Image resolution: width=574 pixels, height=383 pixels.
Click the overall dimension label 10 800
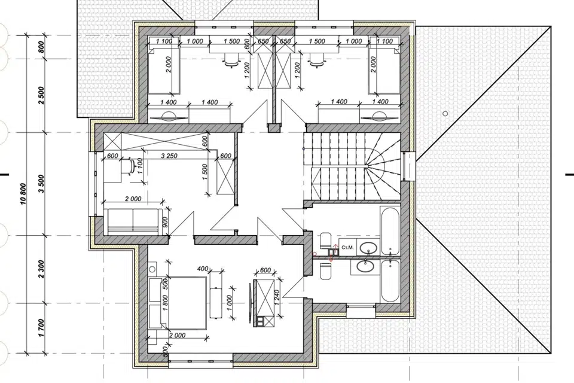pyautogui.click(x=23, y=193)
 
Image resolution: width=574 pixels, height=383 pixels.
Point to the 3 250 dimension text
pyautogui.click(x=169, y=156)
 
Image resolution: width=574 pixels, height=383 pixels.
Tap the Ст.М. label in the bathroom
pyautogui.click(x=347, y=247)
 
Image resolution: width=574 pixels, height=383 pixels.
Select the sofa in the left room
pyautogui.click(x=133, y=222)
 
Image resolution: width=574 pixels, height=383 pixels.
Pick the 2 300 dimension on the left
pyautogui.click(x=41, y=269)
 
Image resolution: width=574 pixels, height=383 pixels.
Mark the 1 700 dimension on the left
pyautogui.click(x=41, y=328)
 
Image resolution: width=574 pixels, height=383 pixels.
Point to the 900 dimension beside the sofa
pyautogui.click(x=165, y=222)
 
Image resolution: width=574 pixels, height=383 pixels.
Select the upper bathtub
pyautogui.click(x=389, y=231)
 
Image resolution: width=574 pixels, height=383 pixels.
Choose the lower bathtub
pyautogui.click(x=389, y=281)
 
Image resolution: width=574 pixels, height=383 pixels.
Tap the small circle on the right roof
pyautogui.click(x=445, y=113)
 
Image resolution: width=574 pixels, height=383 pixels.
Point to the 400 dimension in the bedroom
pyautogui.click(x=203, y=269)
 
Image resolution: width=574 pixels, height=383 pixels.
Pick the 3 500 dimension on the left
pyautogui.click(x=41, y=183)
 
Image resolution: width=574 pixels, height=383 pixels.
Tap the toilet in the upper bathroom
pyautogui.click(x=325, y=241)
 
